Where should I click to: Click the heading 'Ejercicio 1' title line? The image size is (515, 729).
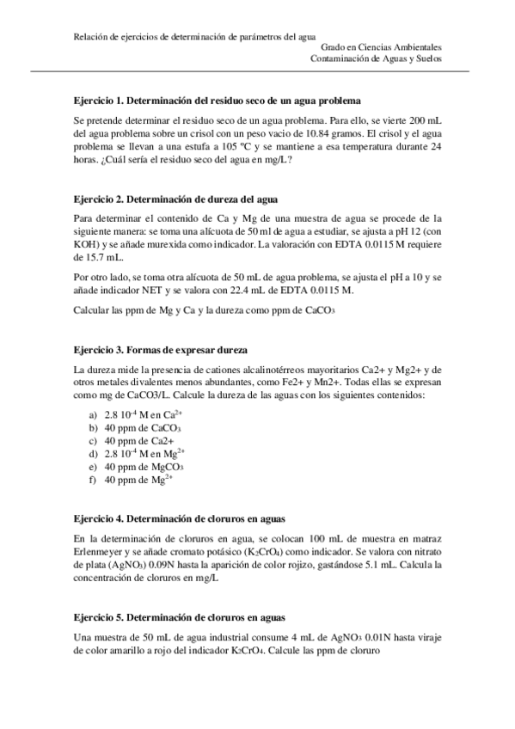click(x=217, y=101)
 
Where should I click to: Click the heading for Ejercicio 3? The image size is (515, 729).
click(x=161, y=351)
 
